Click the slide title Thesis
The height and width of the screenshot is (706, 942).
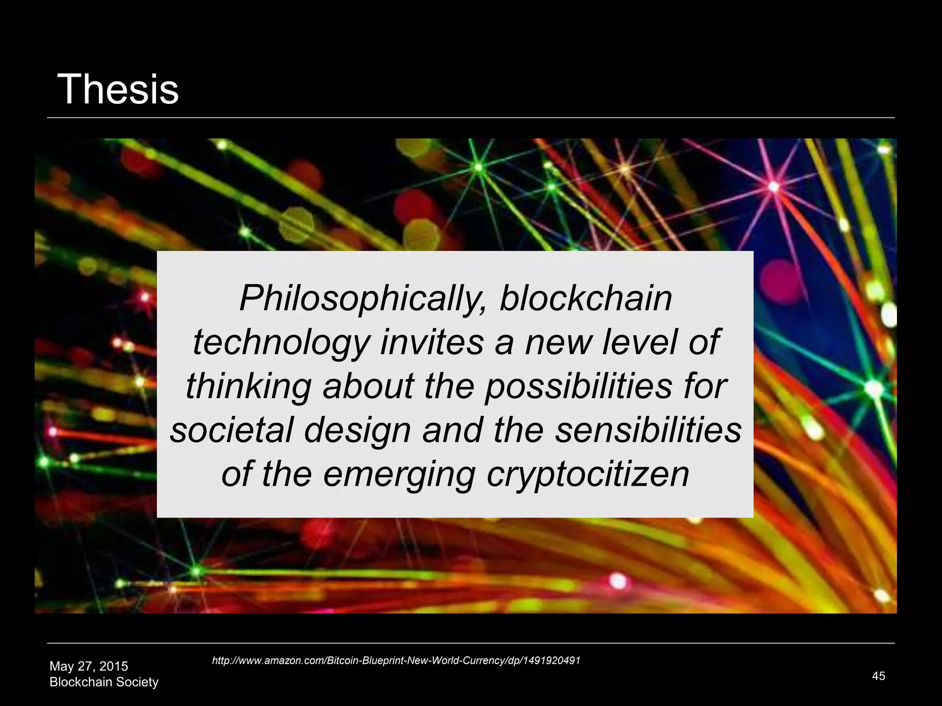(x=118, y=89)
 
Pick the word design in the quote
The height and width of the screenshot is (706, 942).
(x=357, y=431)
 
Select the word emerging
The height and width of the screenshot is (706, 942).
(x=399, y=475)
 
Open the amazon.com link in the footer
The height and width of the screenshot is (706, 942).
(x=396, y=660)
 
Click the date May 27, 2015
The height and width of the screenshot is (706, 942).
(x=89, y=666)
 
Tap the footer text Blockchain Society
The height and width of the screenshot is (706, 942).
(x=104, y=682)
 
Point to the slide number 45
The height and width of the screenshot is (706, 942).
(x=879, y=676)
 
